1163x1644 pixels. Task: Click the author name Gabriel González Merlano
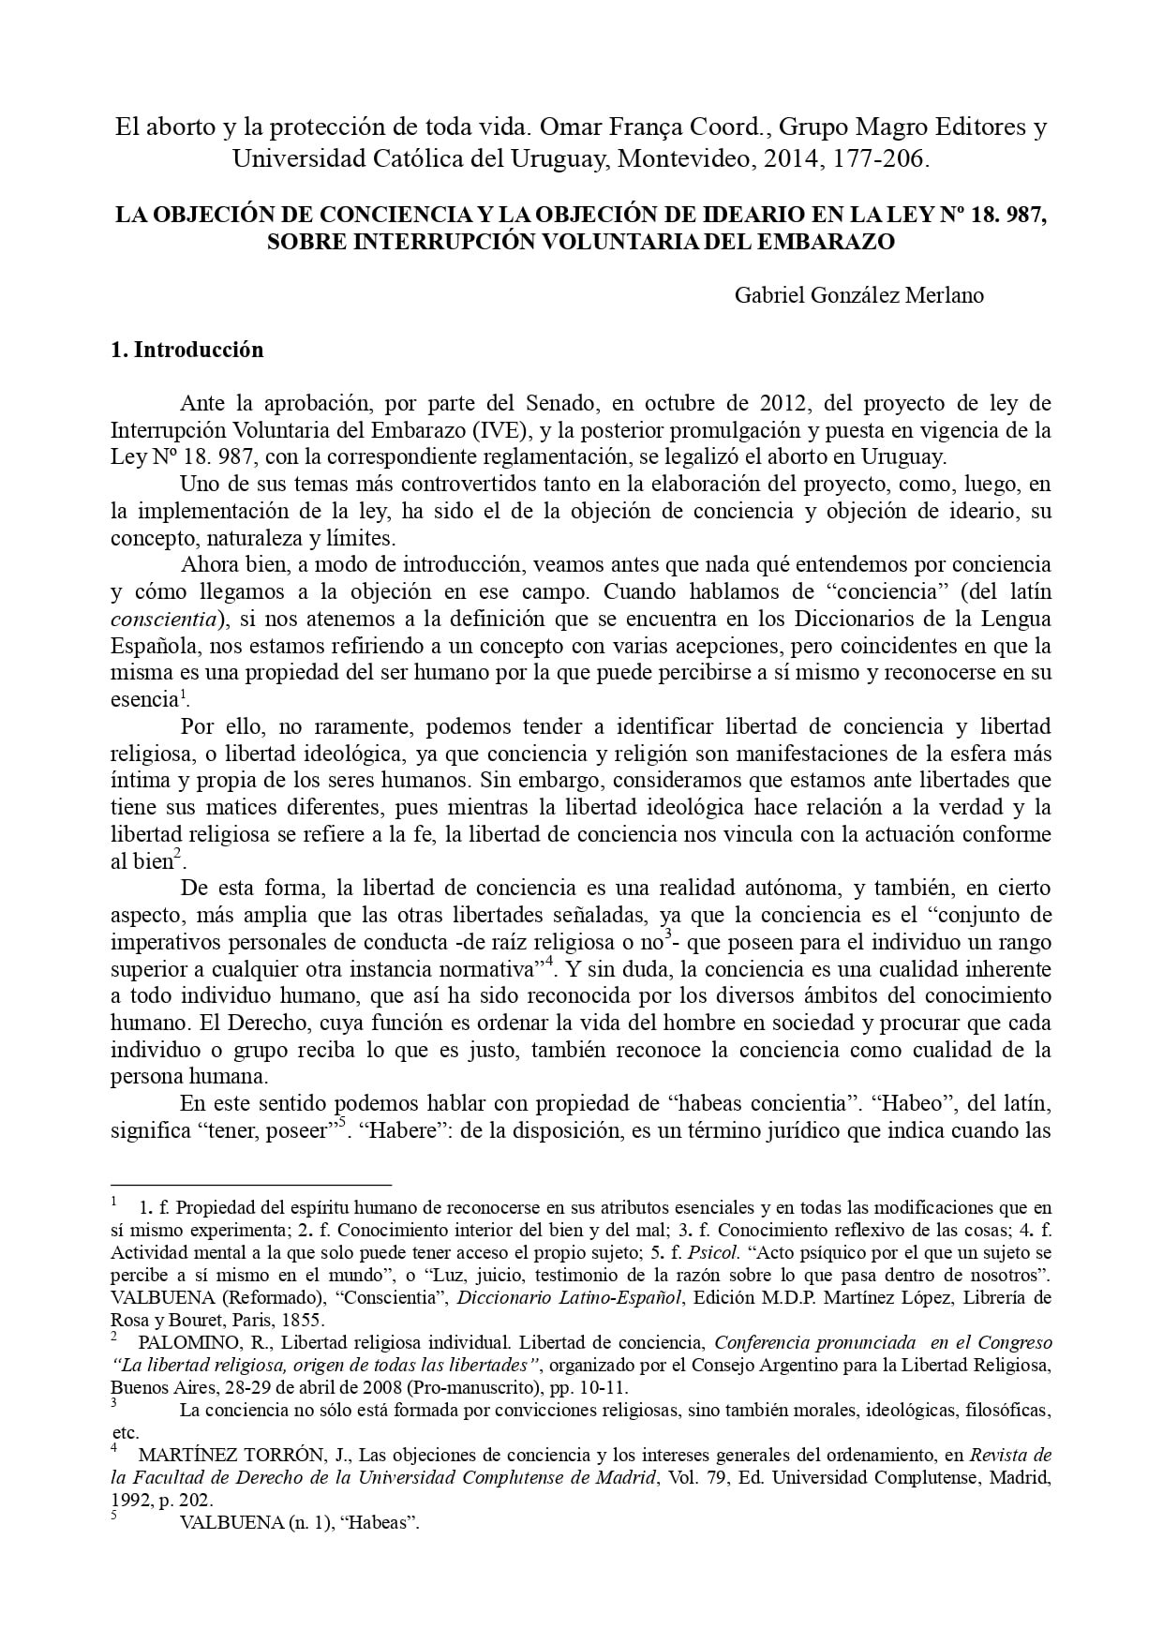(x=858, y=295)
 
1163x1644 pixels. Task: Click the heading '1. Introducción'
(x=187, y=351)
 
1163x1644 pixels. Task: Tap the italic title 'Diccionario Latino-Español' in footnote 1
(x=556, y=1297)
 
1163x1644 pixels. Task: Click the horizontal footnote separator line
(x=250, y=1185)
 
